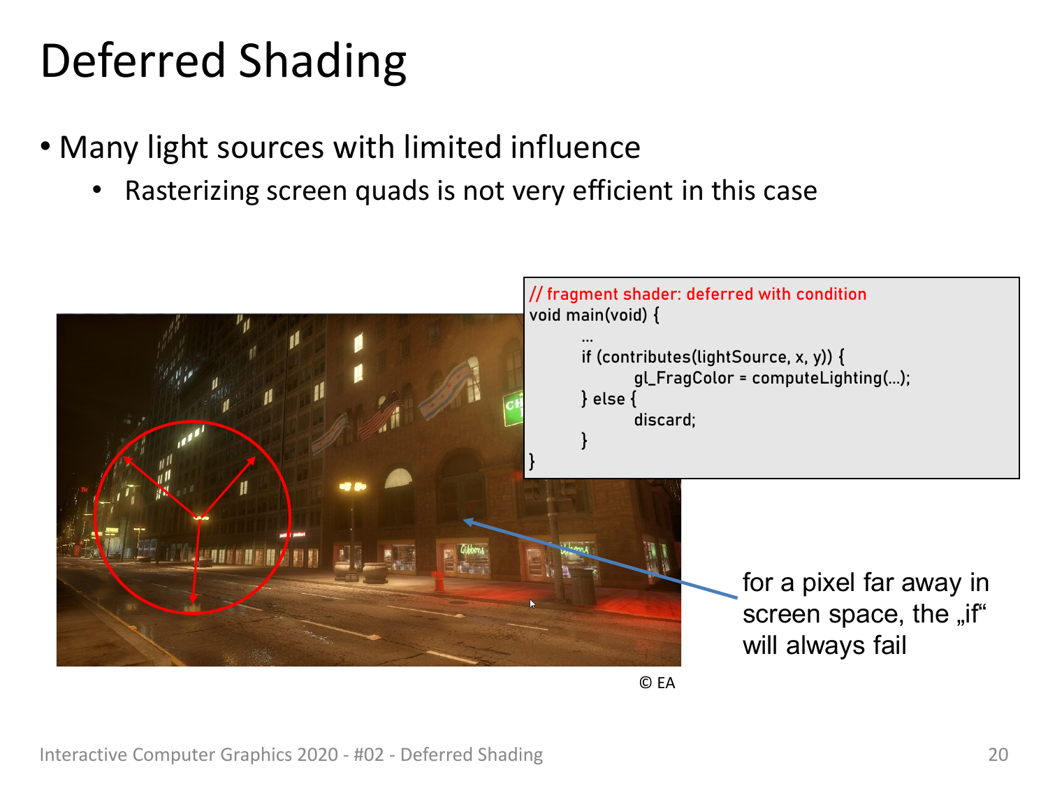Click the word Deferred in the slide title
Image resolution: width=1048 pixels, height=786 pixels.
pos(132,61)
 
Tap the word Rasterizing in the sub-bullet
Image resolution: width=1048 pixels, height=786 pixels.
pos(191,191)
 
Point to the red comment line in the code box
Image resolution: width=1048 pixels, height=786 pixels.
pos(697,293)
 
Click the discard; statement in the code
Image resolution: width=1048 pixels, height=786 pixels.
pos(664,419)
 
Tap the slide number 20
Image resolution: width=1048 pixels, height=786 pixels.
pos(998,755)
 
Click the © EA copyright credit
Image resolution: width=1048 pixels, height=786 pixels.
pos(657,683)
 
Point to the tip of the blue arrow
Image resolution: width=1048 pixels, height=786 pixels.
pos(464,521)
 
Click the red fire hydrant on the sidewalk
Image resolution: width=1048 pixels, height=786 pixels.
pos(438,580)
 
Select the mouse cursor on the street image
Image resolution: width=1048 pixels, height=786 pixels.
pos(532,604)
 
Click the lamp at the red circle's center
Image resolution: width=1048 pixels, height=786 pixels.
pos(200,517)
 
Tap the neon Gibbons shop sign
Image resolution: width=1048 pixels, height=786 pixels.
pos(472,551)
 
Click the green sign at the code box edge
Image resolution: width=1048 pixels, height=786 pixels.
pos(514,407)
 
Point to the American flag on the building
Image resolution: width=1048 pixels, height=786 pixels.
pos(381,415)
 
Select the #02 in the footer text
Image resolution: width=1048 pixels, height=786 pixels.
pos(369,755)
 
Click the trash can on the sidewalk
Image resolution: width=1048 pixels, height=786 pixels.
pos(583,587)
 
